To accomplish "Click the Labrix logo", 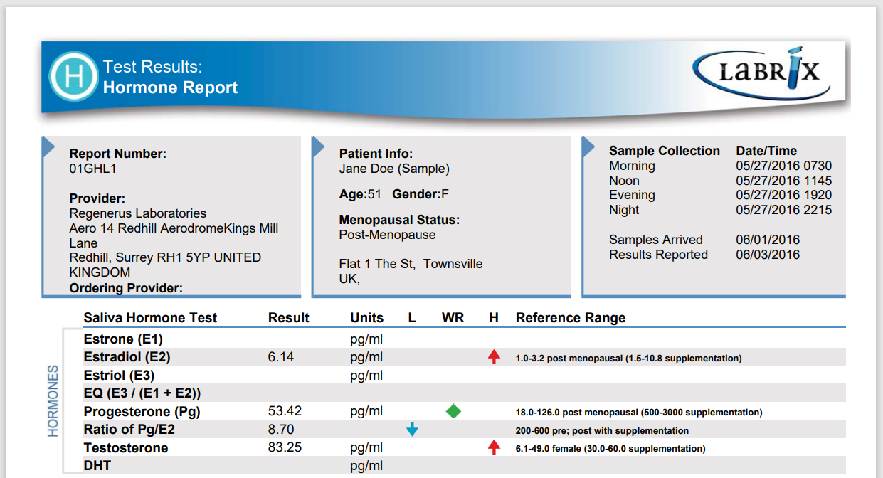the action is pos(761,73).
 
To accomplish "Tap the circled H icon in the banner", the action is pos(73,76).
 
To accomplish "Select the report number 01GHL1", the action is pos(92,169).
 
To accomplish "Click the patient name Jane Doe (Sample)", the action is pos(394,169).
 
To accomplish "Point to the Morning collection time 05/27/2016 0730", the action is pos(783,166).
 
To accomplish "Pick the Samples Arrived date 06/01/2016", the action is pos(768,240).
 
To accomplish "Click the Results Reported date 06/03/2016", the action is pos(768,255).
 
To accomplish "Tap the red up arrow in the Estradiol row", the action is pos(494,356).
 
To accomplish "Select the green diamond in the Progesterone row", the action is pos(453,411).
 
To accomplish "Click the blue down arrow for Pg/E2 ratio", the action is pos(412,429).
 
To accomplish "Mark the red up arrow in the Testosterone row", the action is pos(494,447).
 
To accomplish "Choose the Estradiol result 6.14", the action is pos(280,357).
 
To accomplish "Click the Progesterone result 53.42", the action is pos(285,411).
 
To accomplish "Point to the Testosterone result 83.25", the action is pos(285,447).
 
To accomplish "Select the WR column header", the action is pos(453,318).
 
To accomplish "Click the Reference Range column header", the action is pos(571,318).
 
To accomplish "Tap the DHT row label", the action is pos(97,466).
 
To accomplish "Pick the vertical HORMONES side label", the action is pos(53,400).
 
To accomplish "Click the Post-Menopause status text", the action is pos(387,235).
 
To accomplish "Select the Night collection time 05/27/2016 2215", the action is pos(783,210).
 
